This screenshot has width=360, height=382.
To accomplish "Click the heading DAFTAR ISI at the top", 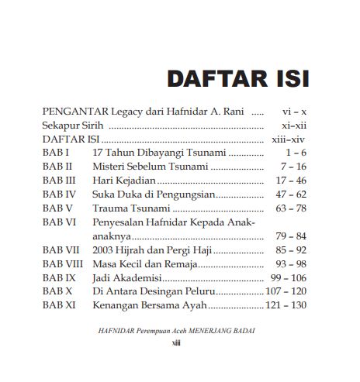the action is coord(238,79).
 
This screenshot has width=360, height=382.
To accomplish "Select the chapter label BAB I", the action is coord(56,153).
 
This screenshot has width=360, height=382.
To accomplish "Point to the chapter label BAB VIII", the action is coord(61,264).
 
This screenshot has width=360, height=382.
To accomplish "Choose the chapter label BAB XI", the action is coord(58,305).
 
